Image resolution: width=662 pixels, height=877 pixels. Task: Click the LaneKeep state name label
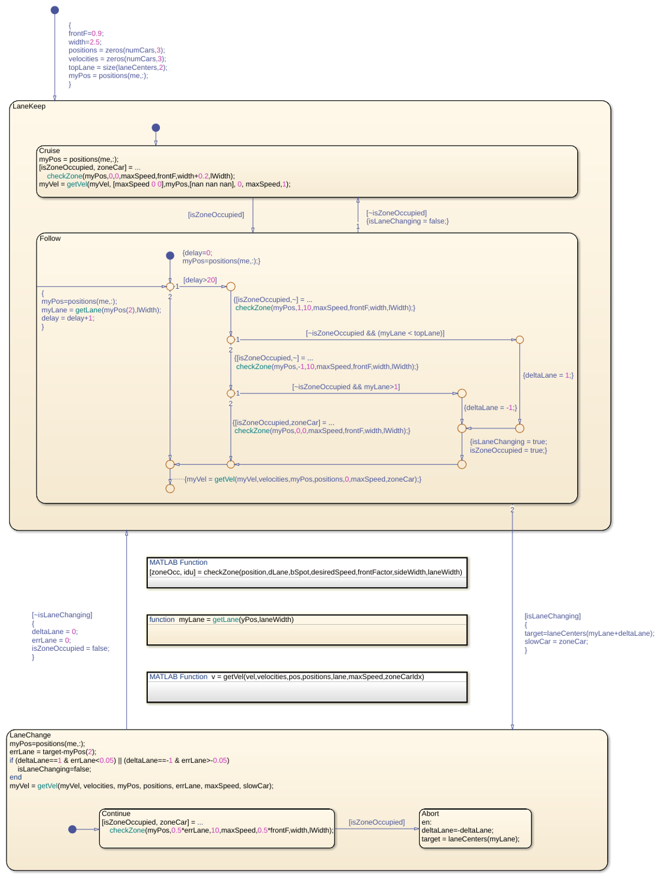click(x=29, y=106)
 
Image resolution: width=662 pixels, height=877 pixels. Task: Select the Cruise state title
click(x=49, y=150)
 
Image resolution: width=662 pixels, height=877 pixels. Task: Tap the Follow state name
click(x=50, y=239)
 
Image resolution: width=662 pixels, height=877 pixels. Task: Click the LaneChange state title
click(x=30, y=735)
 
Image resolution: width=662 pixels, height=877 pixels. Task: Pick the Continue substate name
click(x=116, y=813)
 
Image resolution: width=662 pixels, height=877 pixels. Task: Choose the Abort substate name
click(x=430, y=813)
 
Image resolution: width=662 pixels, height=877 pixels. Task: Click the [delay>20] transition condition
click(x=200, y=280)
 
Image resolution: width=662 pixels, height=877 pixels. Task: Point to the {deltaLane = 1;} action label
click(x=548, y=375)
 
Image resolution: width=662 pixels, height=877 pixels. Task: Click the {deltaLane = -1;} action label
click(x=490, y=408)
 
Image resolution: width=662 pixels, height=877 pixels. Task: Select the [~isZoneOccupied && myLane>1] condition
click(x=345, y=387)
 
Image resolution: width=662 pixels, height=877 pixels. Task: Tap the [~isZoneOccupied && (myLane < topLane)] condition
click(x=375, y=333)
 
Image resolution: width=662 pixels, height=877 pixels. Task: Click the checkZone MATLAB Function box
click(x=307, y=573)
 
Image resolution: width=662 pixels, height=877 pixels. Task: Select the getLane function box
click(x=307, y=630)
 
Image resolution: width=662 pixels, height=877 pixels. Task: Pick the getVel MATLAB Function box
click(x=307, y=687)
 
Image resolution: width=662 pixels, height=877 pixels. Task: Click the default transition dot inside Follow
click(x=170, y=255)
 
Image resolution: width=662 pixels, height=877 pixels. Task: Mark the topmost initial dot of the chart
click(x=55, y=10)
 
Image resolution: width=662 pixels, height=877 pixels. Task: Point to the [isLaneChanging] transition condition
click(x=552, y=616)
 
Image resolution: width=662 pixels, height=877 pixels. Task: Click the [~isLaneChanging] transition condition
click(x=62, y=615)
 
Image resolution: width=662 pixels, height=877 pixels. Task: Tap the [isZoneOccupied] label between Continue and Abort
click(x=376, y=822)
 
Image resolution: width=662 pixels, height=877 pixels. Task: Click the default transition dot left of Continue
click(x=72, y=829)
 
